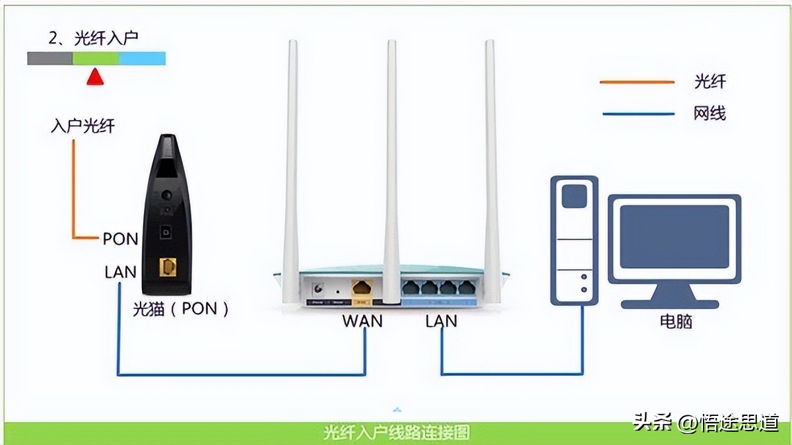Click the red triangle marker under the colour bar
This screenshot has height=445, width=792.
(96, 77)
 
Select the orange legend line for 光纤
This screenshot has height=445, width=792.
(637, 82)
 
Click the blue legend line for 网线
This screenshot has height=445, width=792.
(637, 114)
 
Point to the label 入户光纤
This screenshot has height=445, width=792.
(82, 126)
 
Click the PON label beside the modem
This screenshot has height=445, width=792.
(120, 239)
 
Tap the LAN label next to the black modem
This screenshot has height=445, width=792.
(120, 271)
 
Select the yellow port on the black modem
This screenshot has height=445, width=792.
(168, 268)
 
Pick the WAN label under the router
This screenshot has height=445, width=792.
(362, 322)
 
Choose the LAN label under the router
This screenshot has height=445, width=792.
(441, 322)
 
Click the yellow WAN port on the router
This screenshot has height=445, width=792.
(361, 288)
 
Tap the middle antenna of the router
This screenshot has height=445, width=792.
(392, 165)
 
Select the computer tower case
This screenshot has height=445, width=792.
(574, 241)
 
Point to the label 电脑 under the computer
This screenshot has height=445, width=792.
(676, 322)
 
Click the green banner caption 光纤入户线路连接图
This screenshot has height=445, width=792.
(397, 433)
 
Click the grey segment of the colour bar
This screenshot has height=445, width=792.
(50, 59)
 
